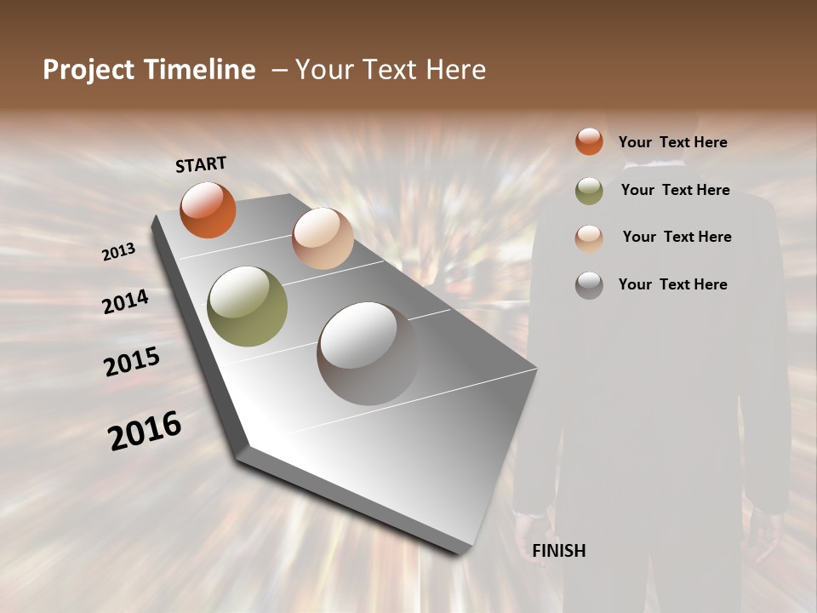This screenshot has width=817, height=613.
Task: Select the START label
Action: click(201, 164)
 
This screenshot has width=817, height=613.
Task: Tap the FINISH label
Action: click(559, 551)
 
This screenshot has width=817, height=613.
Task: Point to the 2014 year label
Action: click(125, 301)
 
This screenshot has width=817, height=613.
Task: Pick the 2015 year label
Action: click(132, 362)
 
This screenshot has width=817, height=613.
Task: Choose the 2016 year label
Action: click(145, 430)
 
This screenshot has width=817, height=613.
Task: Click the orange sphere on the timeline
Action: click(208, 209)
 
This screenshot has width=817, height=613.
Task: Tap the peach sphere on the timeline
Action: click(323, 238)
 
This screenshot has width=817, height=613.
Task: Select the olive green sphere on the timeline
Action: click(248, 306)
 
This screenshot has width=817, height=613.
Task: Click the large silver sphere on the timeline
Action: click(368, 352)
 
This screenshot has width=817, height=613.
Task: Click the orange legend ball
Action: click(589, 141)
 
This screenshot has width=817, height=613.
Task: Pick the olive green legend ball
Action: click(589, 191)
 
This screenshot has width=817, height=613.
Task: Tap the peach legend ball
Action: click(589, 238)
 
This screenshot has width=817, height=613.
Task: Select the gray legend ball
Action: click(589, 285)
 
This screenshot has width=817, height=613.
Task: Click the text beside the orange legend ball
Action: click(672, 142)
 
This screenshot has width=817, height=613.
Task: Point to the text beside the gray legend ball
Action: click(672, 284)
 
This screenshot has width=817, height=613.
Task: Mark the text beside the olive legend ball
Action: click(675, 190)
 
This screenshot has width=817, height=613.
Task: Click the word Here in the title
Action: click(455, 70)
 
